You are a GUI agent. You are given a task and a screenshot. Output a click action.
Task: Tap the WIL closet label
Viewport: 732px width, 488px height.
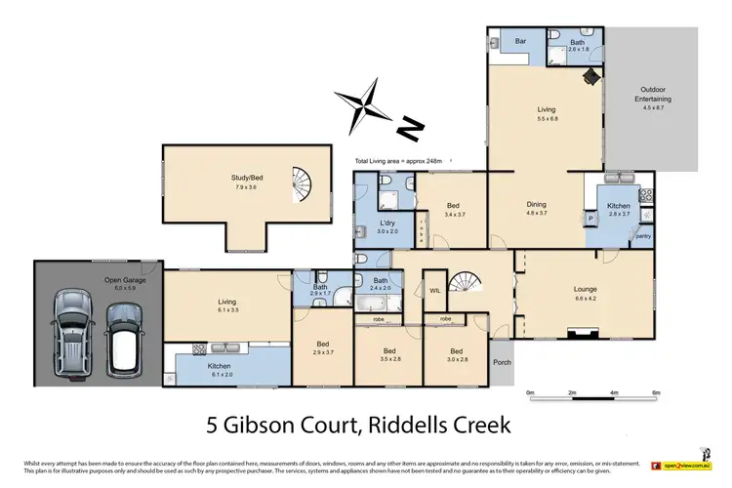click(433, 289)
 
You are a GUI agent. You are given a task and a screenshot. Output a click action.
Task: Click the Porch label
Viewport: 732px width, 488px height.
click(502, 363)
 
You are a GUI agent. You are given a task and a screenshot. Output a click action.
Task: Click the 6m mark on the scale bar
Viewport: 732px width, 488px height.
click(655, 393)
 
